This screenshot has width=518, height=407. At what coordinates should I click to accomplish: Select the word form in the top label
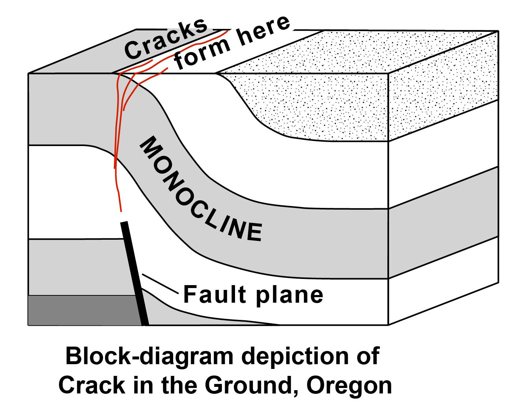point(202,54)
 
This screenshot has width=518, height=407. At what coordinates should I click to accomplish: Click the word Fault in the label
point(215,295)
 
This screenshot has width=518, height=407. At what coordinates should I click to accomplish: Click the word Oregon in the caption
point(349,385)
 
